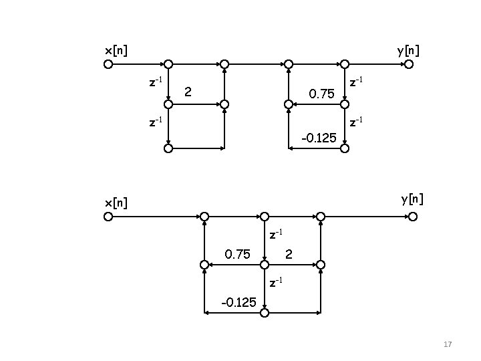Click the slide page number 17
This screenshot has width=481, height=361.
tap(448, 344)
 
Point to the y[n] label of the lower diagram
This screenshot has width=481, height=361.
tap(412, 199)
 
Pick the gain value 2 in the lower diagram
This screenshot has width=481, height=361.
tap(289, 254)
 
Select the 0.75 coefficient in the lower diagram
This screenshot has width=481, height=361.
tap(238, 254)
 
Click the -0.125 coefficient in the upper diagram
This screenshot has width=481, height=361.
tap(319, 138)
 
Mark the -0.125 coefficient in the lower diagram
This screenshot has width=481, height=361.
tap(238, 302)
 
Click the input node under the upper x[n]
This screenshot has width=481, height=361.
tap(108, 65)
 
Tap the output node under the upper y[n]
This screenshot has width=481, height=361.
tap(409, 65)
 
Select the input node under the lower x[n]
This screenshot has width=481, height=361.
tap(108, 217)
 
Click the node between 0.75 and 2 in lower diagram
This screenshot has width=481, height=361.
tap(265, 265)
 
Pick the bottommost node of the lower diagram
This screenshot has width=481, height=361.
tap(265, 312)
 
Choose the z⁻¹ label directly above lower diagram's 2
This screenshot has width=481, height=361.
tap(275, 234)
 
